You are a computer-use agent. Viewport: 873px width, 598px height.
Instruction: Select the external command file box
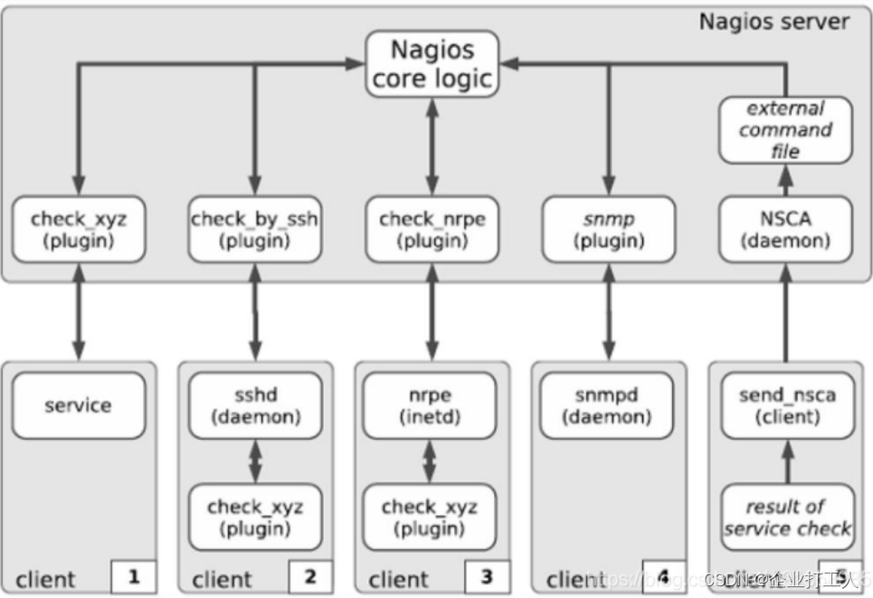(x=784, y=130)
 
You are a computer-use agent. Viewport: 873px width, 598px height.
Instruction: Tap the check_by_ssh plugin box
(x=254, y=231)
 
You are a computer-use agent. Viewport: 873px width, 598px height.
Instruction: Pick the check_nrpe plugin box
(x=432, y=231)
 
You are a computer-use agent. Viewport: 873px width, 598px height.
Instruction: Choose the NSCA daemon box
(x=784, y=231)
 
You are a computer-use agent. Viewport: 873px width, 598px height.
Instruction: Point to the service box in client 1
(x=78, y=405)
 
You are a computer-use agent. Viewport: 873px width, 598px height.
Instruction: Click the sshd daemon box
(x=254, y=405)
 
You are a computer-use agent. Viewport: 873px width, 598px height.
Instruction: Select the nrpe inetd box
(x=432, y=405)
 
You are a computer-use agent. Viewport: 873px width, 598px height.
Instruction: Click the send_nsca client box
(x=784, y=405)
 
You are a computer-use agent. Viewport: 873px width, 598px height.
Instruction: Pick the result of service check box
(x=784, y=517)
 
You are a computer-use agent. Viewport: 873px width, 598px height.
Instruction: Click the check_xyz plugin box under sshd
(x=254, y=517)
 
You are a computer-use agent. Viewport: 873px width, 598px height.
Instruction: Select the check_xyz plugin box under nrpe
(x=432, y=517)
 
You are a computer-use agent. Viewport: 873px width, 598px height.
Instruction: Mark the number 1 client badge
(x=134, y=575)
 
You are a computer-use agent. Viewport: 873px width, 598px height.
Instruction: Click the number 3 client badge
(x=488, y=575)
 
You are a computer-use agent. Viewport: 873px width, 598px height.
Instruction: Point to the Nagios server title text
(x=773, y=21)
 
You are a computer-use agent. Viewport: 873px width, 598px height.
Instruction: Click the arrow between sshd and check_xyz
(x=255, y=461)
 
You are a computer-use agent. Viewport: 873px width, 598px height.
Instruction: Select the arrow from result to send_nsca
(x=785, y=461)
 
